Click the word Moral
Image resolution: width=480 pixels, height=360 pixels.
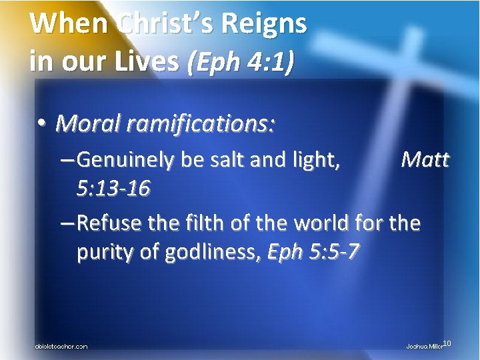click(89, 123)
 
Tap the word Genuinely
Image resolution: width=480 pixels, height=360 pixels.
click(126, 161)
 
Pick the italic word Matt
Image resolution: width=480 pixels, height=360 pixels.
click(425, 161)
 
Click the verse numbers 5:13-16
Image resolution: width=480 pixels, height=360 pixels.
click(114, 189)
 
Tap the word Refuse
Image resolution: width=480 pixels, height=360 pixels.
click(109, 223)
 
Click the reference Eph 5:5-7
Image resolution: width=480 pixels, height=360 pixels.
click(313, 252)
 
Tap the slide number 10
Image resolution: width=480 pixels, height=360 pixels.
click(447, 343)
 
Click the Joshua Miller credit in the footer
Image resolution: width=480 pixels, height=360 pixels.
click(424, 346)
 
